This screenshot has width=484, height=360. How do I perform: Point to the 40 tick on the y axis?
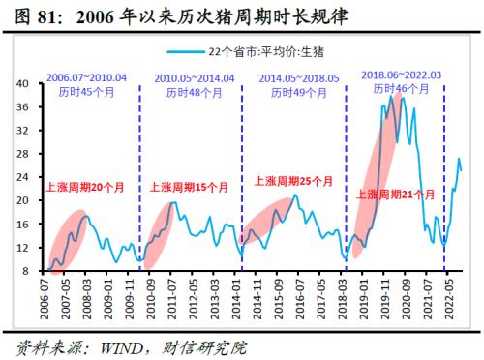tap(23, 83)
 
